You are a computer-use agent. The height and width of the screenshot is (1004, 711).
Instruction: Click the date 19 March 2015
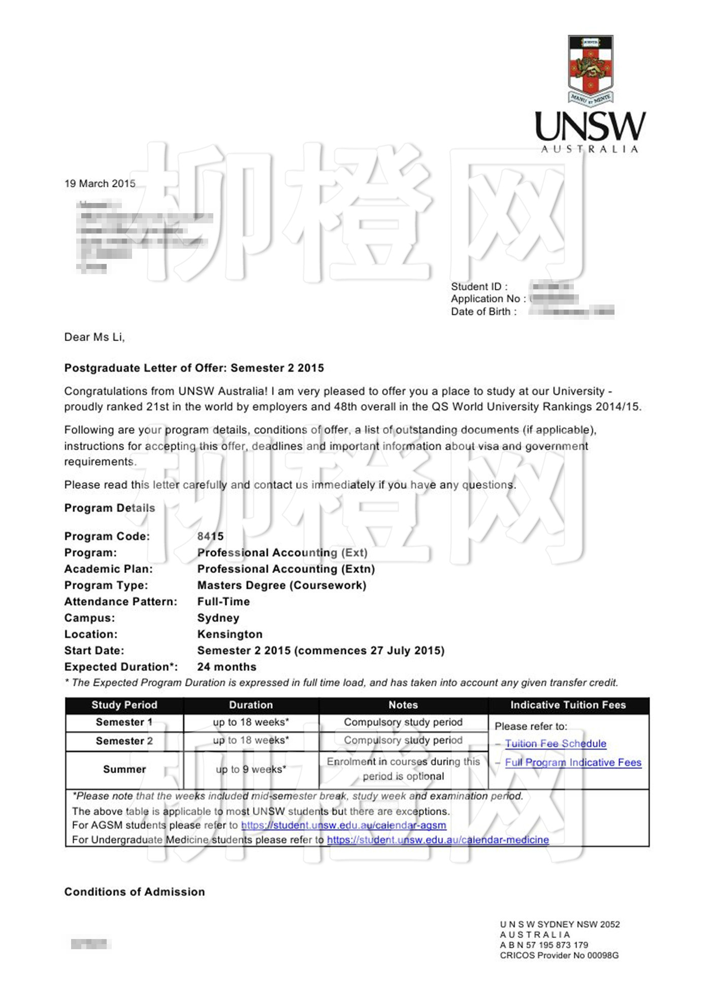pos(100,183)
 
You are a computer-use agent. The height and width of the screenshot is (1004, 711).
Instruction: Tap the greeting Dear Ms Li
pos(94,337)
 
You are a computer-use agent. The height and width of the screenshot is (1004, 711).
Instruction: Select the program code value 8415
pos(210,536)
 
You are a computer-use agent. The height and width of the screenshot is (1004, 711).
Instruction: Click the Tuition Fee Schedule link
pos(556,744)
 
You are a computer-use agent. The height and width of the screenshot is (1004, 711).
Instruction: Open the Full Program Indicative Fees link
pos(573,762)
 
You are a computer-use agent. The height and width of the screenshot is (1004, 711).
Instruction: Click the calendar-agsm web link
pos(343,825)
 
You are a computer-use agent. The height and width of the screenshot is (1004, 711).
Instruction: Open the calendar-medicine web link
pos(438,840)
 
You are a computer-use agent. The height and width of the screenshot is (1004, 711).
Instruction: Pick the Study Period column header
pos(124,705)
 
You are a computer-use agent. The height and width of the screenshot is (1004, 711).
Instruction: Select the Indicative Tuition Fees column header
pos(568,705)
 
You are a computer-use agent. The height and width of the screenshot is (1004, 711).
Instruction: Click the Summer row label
pos(124,769)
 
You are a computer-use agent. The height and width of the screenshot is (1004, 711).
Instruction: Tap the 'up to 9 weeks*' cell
pos(251,769)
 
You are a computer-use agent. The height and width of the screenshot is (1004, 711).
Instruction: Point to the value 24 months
pos(227,666)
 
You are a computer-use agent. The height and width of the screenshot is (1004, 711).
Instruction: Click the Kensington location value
pos(230,634)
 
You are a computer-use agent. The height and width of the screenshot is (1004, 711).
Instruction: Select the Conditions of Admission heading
pos(135,892)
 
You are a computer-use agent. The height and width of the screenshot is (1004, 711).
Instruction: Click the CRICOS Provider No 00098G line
pos(559,955)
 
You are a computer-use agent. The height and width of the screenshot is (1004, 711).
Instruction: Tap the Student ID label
pos(479,287)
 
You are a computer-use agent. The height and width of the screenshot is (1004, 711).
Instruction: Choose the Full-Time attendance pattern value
pos(223,601)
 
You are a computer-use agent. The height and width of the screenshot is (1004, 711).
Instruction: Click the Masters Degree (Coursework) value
pos(282,585)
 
